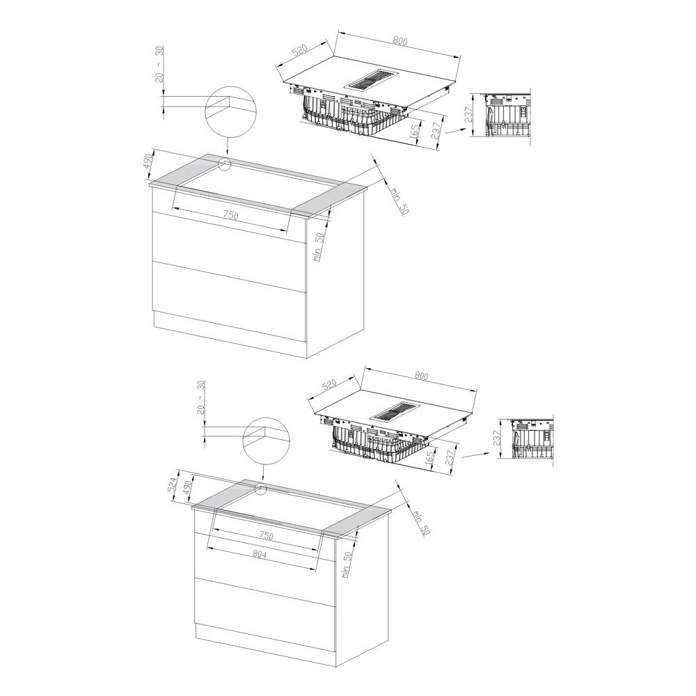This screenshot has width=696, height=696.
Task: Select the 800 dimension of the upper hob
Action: pyautogui.click(x=400, y=41)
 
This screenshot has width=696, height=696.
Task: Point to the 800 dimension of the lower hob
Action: pyautogui.click(x=421, y=376)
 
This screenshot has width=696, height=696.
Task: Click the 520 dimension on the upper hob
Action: pyautogui.click(x=300, y=51)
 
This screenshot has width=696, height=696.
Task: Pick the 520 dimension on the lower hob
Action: pyautogui.click(x=329, y=384)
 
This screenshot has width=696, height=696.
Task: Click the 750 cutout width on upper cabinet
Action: pyautogui.click(x=230, y=216)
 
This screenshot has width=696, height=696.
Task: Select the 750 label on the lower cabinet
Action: pyautogui.click(x=265, y=536)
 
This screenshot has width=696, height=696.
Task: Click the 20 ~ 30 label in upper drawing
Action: pyautogui.click(x=159, y=64)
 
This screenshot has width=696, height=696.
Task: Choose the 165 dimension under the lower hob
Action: pyautogui.click(x=429, y=457)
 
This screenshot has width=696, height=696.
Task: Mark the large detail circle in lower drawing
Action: pyautogui.click(x=266, y=441)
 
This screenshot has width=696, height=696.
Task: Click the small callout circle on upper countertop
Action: pyautogui.click(x=226, y=165)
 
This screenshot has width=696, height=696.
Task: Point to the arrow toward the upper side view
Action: pyautogui.click(x=455, y=131)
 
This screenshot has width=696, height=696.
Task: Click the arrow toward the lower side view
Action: pyautogui.click(x=476, y=455)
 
